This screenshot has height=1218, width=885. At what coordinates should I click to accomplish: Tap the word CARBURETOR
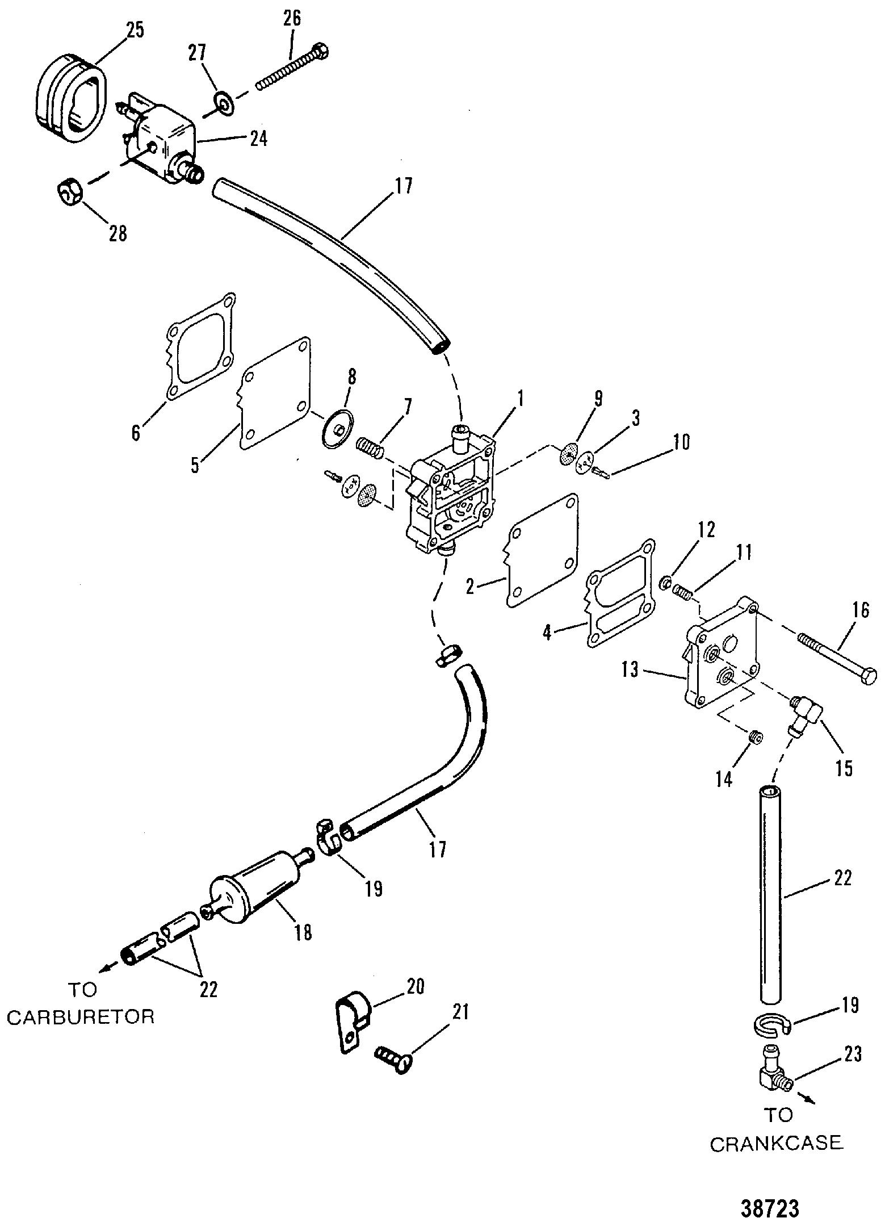click(x=81, y=1016)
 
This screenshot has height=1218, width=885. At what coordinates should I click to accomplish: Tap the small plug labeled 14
click(x=756, y=737)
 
